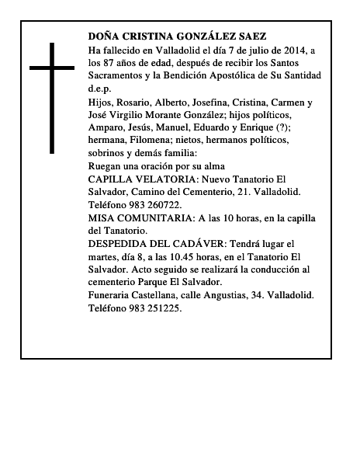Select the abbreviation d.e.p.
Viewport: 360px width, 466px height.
[100, 89]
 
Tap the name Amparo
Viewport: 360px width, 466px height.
[106, 127]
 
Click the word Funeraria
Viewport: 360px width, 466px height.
[112, 295]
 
